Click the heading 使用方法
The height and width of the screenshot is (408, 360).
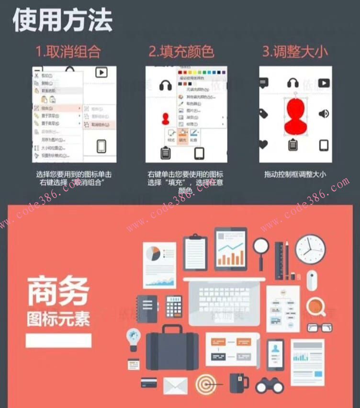tap(62, 20)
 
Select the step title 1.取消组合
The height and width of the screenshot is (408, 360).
tap(68, 52)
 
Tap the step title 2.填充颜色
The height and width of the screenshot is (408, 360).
tap(181, 52)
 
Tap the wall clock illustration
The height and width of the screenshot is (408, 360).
tap(310, 249)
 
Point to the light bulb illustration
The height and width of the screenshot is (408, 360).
tap(133, 338)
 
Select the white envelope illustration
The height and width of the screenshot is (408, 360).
tap(176, 385)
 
